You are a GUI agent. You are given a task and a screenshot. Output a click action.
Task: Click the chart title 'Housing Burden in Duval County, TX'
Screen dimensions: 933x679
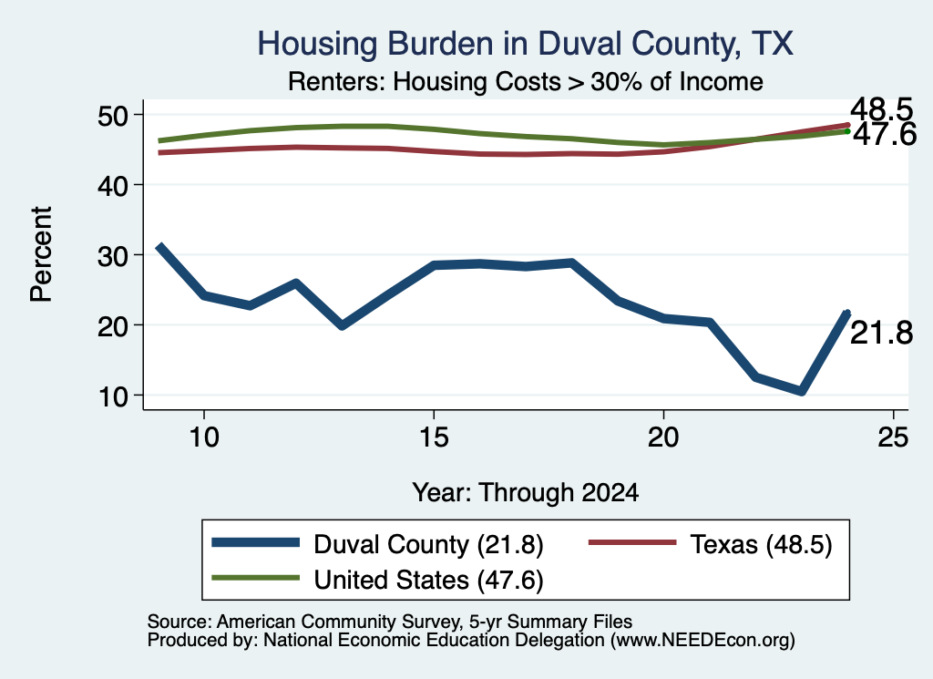526,44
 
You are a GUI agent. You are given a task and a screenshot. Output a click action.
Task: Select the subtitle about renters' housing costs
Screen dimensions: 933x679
526,81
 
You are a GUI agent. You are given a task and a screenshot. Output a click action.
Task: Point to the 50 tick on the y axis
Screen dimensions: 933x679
113,115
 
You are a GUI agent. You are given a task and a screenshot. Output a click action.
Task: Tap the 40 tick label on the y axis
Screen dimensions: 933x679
113,186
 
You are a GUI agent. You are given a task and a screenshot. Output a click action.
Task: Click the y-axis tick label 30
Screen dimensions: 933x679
113,256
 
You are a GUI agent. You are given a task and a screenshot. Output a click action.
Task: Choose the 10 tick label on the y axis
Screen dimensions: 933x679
113,396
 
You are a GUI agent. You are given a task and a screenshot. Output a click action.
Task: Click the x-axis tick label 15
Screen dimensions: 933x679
434,437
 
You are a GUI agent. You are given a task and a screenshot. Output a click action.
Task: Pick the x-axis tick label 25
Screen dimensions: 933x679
893,437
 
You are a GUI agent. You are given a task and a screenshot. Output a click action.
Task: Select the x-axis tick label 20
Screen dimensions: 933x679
663,437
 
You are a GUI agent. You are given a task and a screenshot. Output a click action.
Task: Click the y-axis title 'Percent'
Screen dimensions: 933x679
41,254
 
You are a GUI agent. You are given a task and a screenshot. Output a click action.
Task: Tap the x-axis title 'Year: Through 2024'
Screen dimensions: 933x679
526,493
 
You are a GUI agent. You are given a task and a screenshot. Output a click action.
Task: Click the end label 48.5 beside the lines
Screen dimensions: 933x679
881,109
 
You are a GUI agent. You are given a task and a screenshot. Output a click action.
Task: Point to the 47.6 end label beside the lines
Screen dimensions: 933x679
885,135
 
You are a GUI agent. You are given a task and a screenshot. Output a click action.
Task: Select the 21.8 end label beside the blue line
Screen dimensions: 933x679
881,333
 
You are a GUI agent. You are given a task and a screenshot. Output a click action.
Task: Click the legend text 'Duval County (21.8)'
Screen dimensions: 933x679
428,544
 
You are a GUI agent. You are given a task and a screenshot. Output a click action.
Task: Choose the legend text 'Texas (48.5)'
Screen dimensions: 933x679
761,544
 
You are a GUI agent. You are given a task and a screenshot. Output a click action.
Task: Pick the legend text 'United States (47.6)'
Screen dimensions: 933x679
428,580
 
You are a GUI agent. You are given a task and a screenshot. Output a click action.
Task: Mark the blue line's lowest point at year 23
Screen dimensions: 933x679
802,392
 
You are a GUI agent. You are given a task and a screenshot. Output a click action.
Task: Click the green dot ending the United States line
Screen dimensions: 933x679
847,131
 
